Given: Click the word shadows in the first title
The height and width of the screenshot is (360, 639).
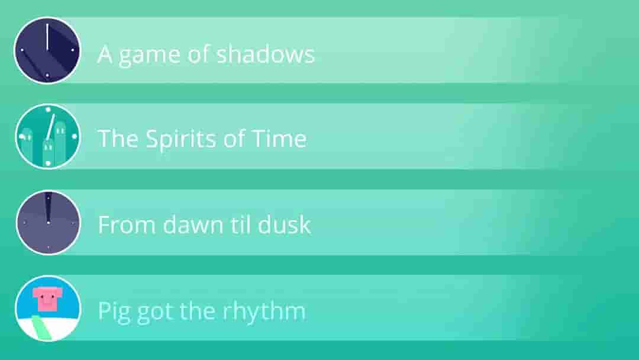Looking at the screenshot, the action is coord(265,54).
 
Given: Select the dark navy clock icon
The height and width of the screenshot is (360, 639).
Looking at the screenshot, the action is coord(47,50).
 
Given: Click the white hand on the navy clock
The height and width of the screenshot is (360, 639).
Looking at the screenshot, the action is coord(47,37).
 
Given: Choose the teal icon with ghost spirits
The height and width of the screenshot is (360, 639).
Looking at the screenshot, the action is coord(48,136).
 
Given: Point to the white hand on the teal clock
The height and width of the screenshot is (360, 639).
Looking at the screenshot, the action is coord(50,127).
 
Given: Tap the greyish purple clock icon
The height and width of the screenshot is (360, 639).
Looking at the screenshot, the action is coord(48,223).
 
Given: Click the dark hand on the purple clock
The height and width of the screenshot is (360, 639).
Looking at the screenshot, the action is coord(48,208).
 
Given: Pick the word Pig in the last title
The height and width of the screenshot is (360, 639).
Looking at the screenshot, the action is coord(115,312).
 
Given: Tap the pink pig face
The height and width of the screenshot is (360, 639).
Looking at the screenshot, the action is coord(46,299).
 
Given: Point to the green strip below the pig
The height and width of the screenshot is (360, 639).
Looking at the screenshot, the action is coord(42,327).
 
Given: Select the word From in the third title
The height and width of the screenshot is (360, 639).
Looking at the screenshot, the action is coord(127,224).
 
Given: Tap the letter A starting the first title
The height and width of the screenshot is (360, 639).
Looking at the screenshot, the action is coord(105,54).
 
